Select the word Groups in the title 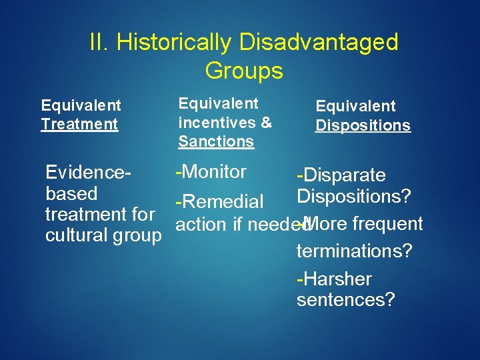coord(244,71)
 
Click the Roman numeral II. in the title coord(100,43)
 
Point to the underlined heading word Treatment coord(79,124)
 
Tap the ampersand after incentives coord(266,123)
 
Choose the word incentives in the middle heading coord(217,123)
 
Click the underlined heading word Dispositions coord(363,125)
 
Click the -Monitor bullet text coord(210,172)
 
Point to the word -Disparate coord(341,175)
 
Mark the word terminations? coord(355,251)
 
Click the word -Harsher coord(334,279)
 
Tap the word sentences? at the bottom coord(346,300)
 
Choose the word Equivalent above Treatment coord(81,105)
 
